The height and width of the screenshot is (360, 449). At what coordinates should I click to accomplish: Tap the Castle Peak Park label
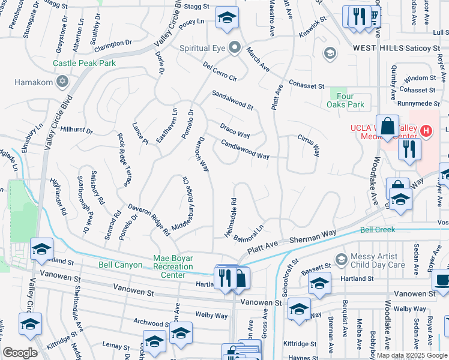click(x=84, y=63)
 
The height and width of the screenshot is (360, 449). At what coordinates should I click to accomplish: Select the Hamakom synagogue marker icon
click(x=62, y=81)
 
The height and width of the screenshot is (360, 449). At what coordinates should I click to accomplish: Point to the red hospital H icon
click(x=426, y=130)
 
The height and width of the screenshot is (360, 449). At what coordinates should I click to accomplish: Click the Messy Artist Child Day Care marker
click(x=342, y=259)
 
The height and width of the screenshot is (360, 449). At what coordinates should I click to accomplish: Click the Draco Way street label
click(x=235, y=131)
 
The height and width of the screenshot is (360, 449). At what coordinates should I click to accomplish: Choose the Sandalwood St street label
click(x=232, y=100)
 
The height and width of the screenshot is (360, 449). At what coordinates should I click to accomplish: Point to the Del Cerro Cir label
click(x=220, y=71)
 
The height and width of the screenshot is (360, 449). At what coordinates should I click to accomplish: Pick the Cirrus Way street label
click(x=308, y=145)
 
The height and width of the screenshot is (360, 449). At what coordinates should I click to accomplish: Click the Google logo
click(x=20, y=352)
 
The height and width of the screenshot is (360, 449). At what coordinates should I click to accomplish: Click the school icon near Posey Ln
click(x=227, y=19)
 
